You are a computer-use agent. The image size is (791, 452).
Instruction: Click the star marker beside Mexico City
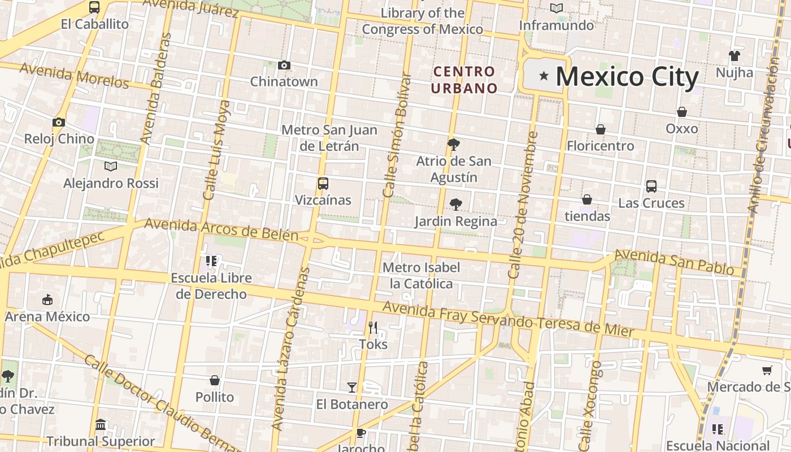544,76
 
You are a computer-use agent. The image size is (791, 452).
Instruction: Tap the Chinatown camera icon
284,66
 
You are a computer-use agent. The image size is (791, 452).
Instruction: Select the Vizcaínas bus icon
323,184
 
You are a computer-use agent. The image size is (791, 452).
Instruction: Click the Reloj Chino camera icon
59,122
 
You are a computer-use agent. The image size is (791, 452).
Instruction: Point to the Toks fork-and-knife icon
373,327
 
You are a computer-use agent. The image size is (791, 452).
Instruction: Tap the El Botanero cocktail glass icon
352,388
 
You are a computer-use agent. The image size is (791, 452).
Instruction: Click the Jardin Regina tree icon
455,205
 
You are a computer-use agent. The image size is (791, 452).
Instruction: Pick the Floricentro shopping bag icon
601,129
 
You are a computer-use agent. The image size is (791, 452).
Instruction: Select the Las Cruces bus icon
651,186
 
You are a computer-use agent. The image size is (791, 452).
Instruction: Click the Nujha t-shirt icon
734,56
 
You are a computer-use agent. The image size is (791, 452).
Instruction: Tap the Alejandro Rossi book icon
111,167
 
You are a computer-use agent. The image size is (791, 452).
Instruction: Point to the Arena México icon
47,299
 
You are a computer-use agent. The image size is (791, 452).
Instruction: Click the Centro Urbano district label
464,80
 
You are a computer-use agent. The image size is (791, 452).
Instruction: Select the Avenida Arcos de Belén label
221,229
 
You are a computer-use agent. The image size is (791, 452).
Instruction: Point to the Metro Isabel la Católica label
421,275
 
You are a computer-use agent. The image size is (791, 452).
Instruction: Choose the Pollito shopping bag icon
215,380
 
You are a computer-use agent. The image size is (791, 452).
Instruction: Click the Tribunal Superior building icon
101,424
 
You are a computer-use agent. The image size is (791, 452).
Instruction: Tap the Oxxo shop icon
682,112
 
